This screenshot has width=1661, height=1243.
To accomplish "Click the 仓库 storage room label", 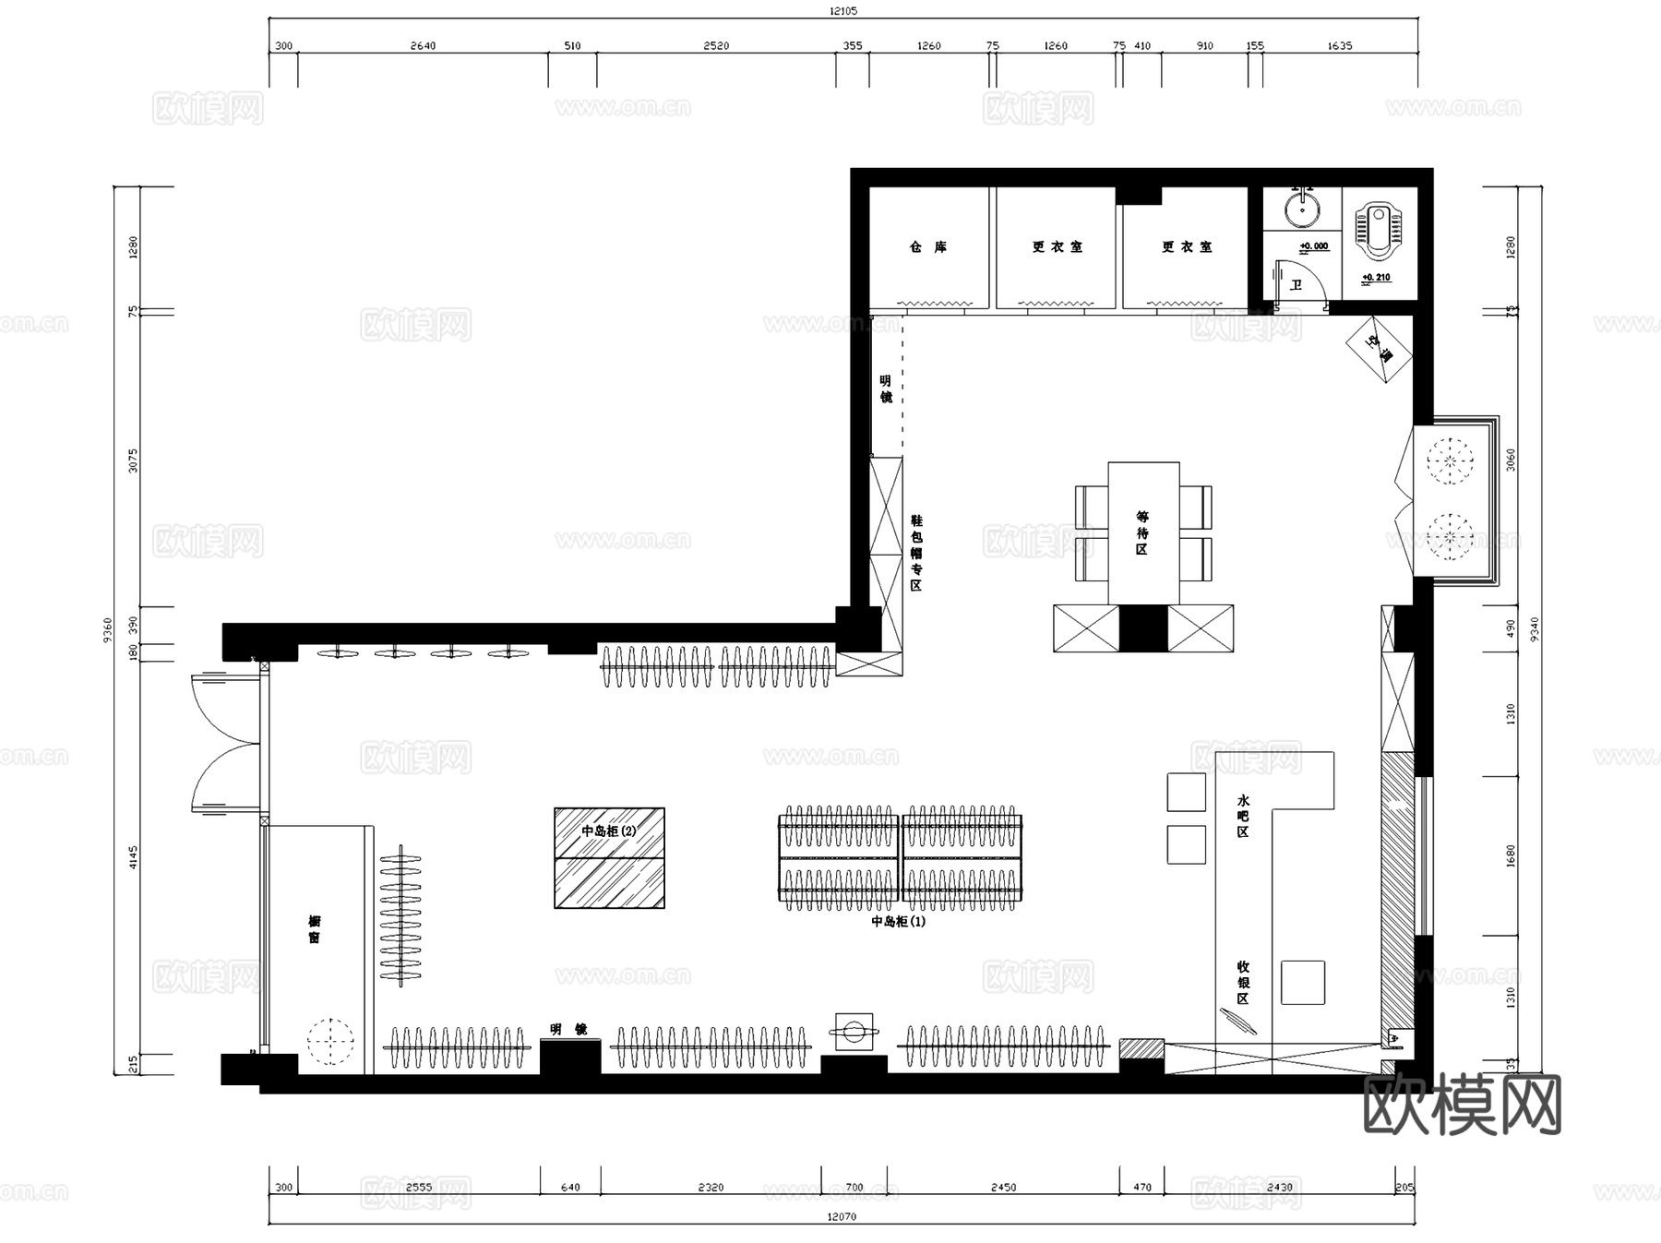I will coord(927,247).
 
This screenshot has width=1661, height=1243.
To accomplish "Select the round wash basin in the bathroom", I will coord(1301,209).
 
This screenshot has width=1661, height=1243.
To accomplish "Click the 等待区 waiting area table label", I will coord(1142,533).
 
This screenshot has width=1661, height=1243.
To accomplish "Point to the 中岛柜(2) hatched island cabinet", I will coord(609,858).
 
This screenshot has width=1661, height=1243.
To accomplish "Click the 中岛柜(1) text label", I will coord(898,921).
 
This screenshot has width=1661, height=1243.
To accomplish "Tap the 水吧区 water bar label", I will coord(1242,816).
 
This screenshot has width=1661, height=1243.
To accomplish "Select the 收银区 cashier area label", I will coord(1242,982).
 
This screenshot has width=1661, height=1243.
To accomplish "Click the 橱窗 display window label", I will coord(315,929).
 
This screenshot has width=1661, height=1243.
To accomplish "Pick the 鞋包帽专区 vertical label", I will coord(915,553).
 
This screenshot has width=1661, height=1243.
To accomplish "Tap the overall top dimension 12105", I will coord(842,11).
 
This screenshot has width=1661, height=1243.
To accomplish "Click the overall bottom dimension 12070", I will coord(841,1216).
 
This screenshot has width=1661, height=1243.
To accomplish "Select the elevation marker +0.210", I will coord(1376,278).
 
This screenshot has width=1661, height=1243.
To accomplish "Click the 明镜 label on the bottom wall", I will coord(568,1029).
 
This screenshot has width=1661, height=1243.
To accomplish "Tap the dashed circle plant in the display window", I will coord(329,1042).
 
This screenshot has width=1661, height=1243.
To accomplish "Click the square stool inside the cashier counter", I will coord(1302,982).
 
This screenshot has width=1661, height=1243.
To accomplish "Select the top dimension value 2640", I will coord(423,45).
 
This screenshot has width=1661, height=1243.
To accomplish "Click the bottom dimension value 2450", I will coord(1003,1188).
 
